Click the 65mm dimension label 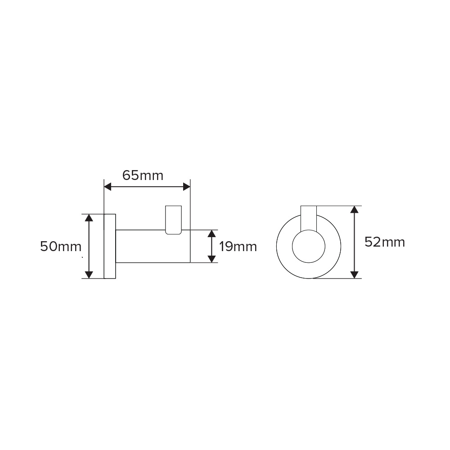[x=143, y=175]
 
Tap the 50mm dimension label [x=61, y=247]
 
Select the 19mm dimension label [x=238, y=247]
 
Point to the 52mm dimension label [x=385, y=242]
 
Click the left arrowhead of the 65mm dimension [x=108, y=187]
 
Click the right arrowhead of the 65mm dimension [x=187, y=187]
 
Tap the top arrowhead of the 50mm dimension [x=89, y=218]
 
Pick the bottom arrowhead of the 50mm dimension [x=89, y=274]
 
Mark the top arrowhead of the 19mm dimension [x=211, y=234]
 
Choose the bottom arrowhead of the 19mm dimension [x=211, y=259]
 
